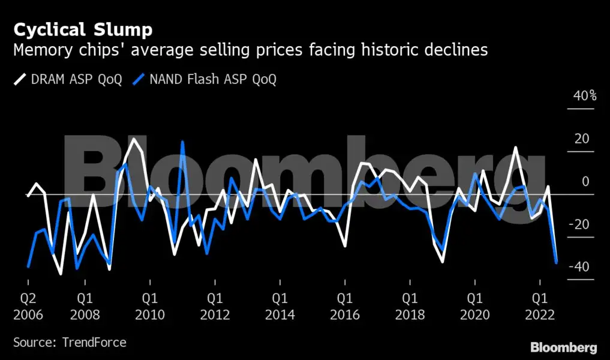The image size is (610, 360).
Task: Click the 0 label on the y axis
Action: [x=585, y=181]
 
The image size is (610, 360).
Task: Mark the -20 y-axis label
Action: [x=580, y=224]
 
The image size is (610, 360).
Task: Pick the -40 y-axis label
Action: [x=580, y=266]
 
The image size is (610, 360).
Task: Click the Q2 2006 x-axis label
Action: [x=28, y=306]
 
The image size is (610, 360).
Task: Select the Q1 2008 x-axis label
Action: [x=85, y=306]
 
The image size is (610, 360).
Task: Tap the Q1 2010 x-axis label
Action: [x=150, y=306]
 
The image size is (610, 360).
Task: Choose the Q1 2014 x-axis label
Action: [x=280, y=306]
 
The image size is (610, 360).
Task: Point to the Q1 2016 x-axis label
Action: [x=345, y=306]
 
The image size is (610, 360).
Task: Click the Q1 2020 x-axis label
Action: [x=475, y=306]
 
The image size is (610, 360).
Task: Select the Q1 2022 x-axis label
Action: [x=540, y=306]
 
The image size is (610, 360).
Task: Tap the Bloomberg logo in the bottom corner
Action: [x=564, y=347]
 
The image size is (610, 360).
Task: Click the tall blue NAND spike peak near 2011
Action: [x=182, y=142]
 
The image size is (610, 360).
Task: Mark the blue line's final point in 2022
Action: [x=557, y=262]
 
